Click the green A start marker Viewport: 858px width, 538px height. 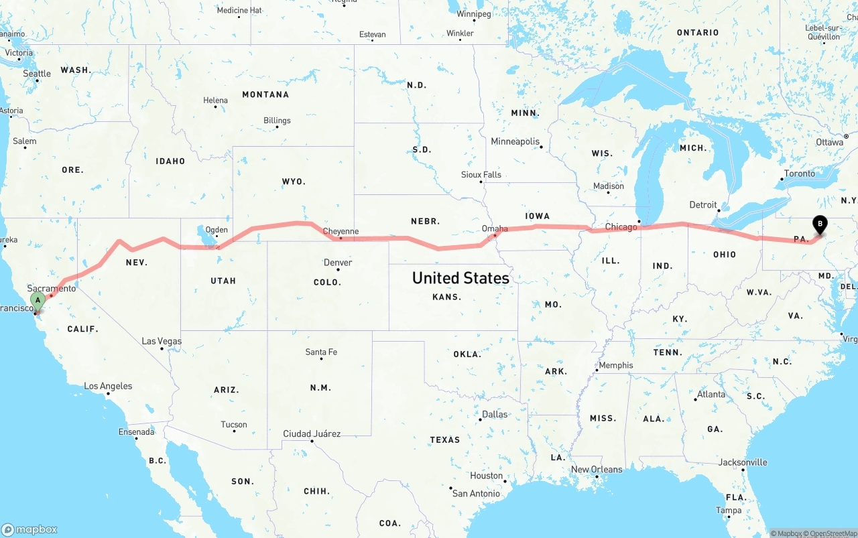[x=38, y=300]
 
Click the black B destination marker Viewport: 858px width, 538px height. [x=819, y=224]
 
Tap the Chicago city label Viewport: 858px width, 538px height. [x=621, y=227]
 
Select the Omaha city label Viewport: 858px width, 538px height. [x=495, y=229]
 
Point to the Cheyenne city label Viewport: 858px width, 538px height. [x=341, y=232]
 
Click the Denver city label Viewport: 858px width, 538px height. [x=338, y=263]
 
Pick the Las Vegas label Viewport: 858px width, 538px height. [x=162, y=342]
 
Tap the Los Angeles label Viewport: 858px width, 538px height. [x=108, y=387]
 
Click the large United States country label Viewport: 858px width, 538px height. [x=461, y=277]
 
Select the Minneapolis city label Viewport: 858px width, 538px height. [x=515, y=142]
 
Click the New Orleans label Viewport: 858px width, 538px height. [x=597, y=470]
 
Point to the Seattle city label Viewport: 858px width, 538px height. [x=37, y=74]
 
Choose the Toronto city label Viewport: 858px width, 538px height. [x=800, y=174]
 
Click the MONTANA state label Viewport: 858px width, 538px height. [x=265, y=94]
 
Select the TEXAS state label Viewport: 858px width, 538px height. [x=445, y=440]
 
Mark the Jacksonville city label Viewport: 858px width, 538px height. [x=743, y=462]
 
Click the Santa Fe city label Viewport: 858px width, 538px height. [x=321, y=352]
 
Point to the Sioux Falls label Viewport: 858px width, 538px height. [x=481, y=175]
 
